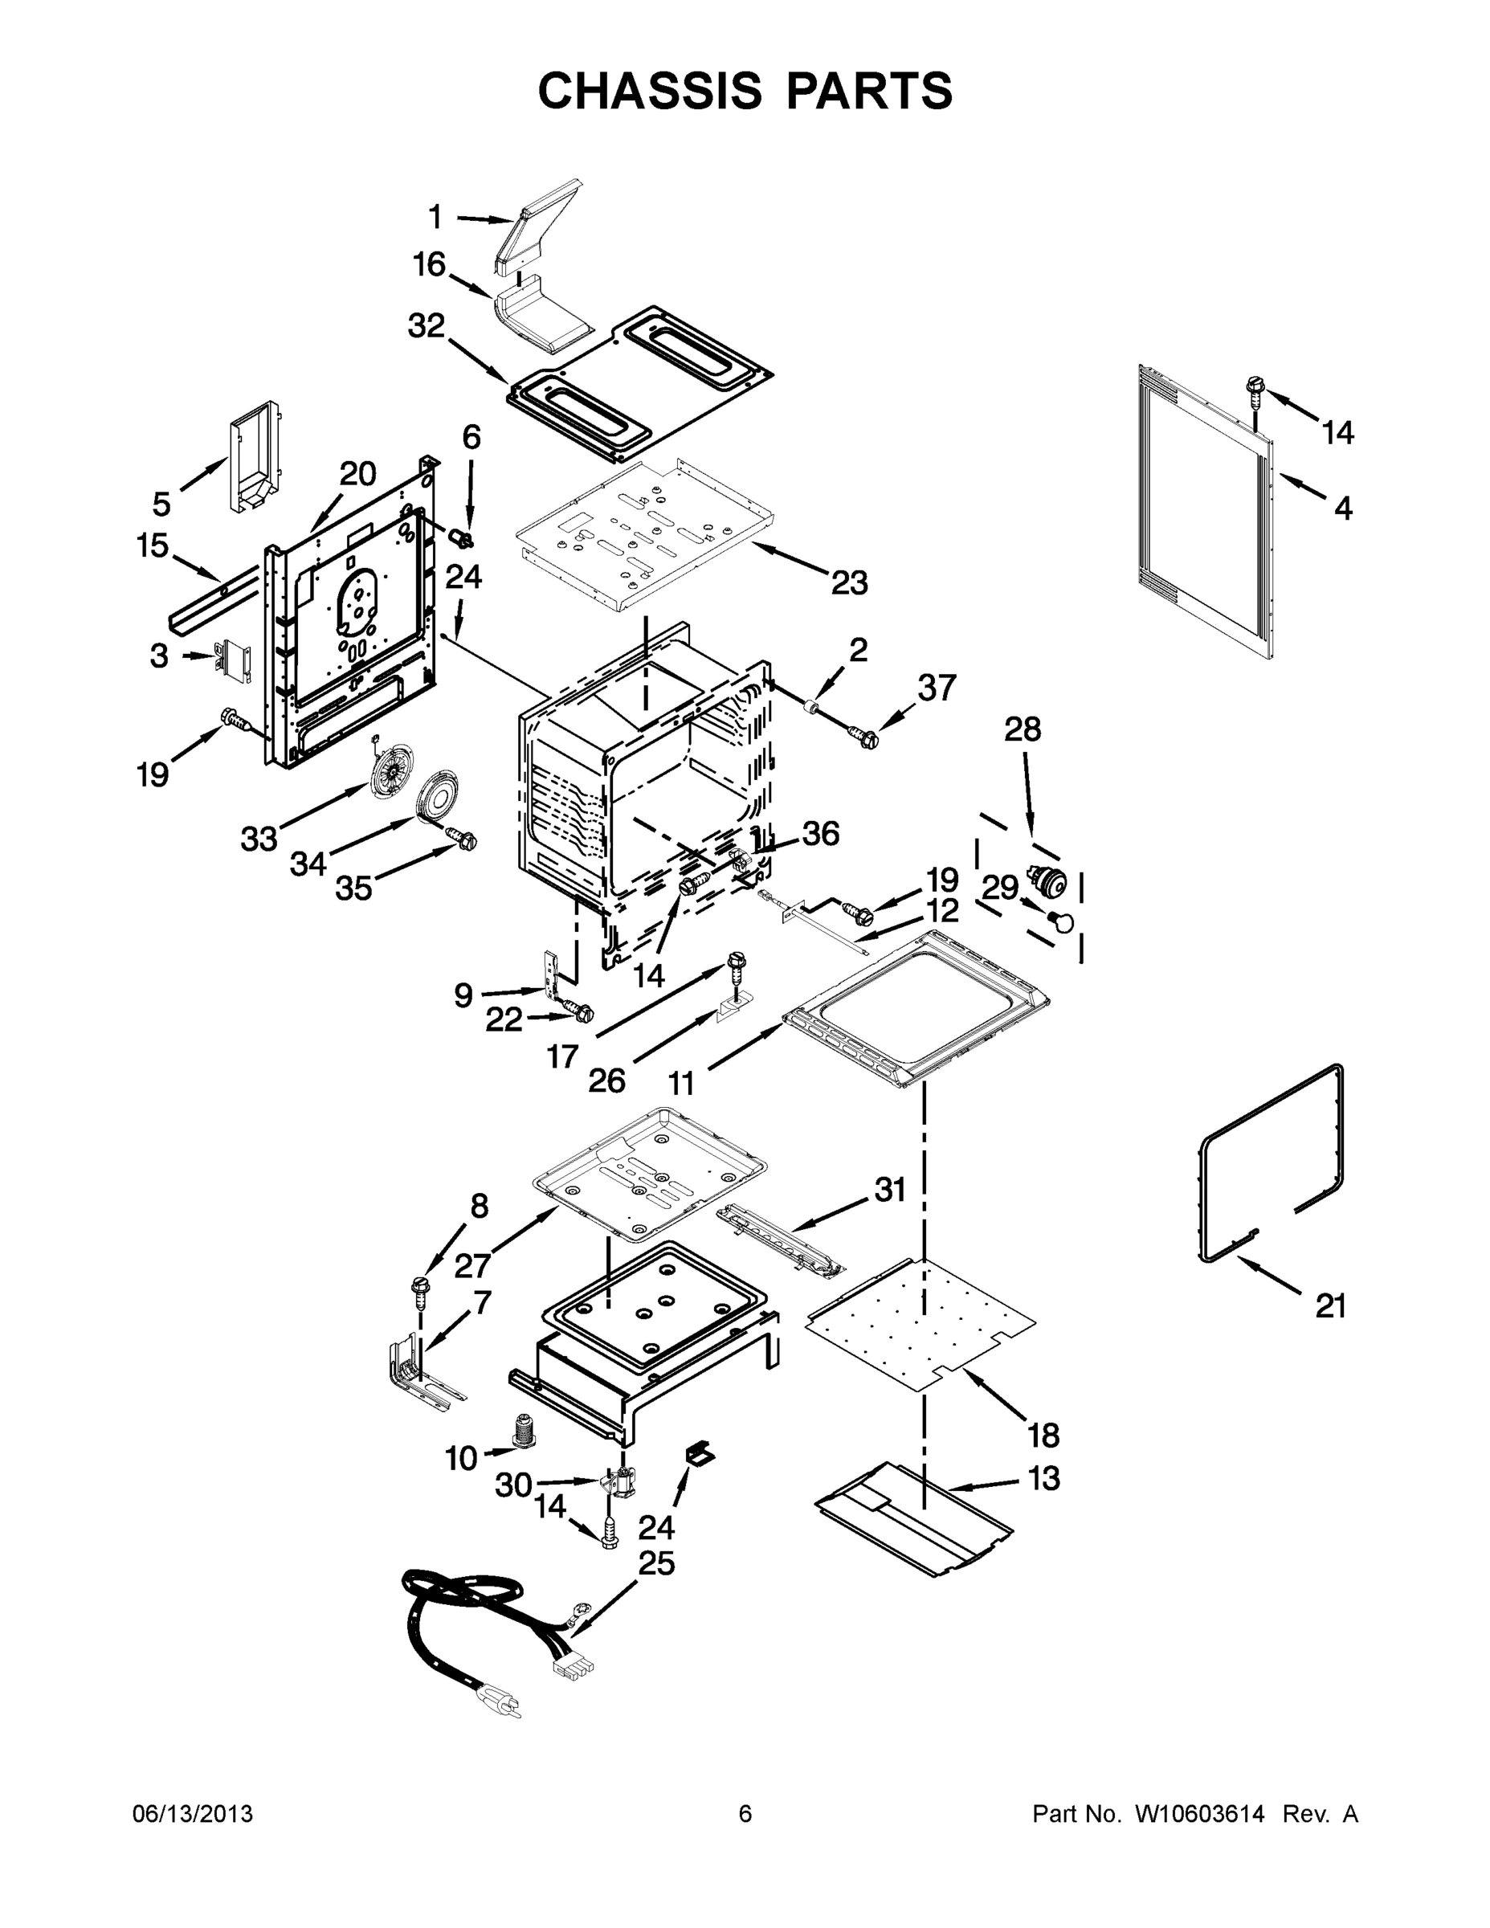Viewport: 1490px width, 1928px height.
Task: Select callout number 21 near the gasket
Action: tap(1330, 1305)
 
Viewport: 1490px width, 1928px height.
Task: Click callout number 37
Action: tap(937, 687)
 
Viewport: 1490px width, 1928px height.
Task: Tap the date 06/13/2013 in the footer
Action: tap(193, 1813)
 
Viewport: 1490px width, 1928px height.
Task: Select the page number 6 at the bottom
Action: tap(745, 1813)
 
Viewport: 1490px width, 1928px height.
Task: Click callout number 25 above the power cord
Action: tap(656, 1562)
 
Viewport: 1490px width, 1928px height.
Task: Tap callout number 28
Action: tap(1023, 729)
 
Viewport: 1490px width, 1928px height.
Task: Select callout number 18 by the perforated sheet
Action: tap(1043, 1436)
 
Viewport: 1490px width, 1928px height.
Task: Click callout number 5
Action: tap(161, 504)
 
